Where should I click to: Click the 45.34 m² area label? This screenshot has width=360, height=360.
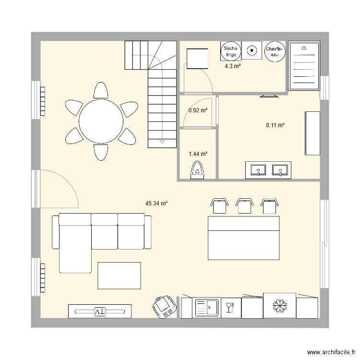click(156, 204)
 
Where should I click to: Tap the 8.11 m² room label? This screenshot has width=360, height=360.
click(276, 125)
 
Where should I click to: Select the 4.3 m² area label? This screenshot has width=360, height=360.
click(233, 66)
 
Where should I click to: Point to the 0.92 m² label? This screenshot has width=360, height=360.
click(198, 110)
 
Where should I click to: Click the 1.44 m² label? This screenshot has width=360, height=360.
click(198, 154)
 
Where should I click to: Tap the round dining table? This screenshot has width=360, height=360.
click(100, 121)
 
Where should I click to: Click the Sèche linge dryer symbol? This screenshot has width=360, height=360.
click(230, 51)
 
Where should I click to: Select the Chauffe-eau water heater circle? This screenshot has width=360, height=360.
click(275, 52)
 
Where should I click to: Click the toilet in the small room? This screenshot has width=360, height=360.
click(197, 170)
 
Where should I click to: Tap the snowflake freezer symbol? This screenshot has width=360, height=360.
click(278, 305)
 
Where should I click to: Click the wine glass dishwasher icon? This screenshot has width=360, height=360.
click(230, 307)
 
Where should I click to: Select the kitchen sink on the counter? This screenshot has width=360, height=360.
click(207, 307)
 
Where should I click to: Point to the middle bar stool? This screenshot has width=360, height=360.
click(245, 205)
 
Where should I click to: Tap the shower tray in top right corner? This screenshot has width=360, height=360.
click(304, 66)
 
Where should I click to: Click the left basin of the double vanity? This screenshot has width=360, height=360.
click(259, 170)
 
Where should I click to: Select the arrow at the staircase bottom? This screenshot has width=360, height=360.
click(162, 142)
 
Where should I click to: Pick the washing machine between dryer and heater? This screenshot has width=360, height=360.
click(252, 49)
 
